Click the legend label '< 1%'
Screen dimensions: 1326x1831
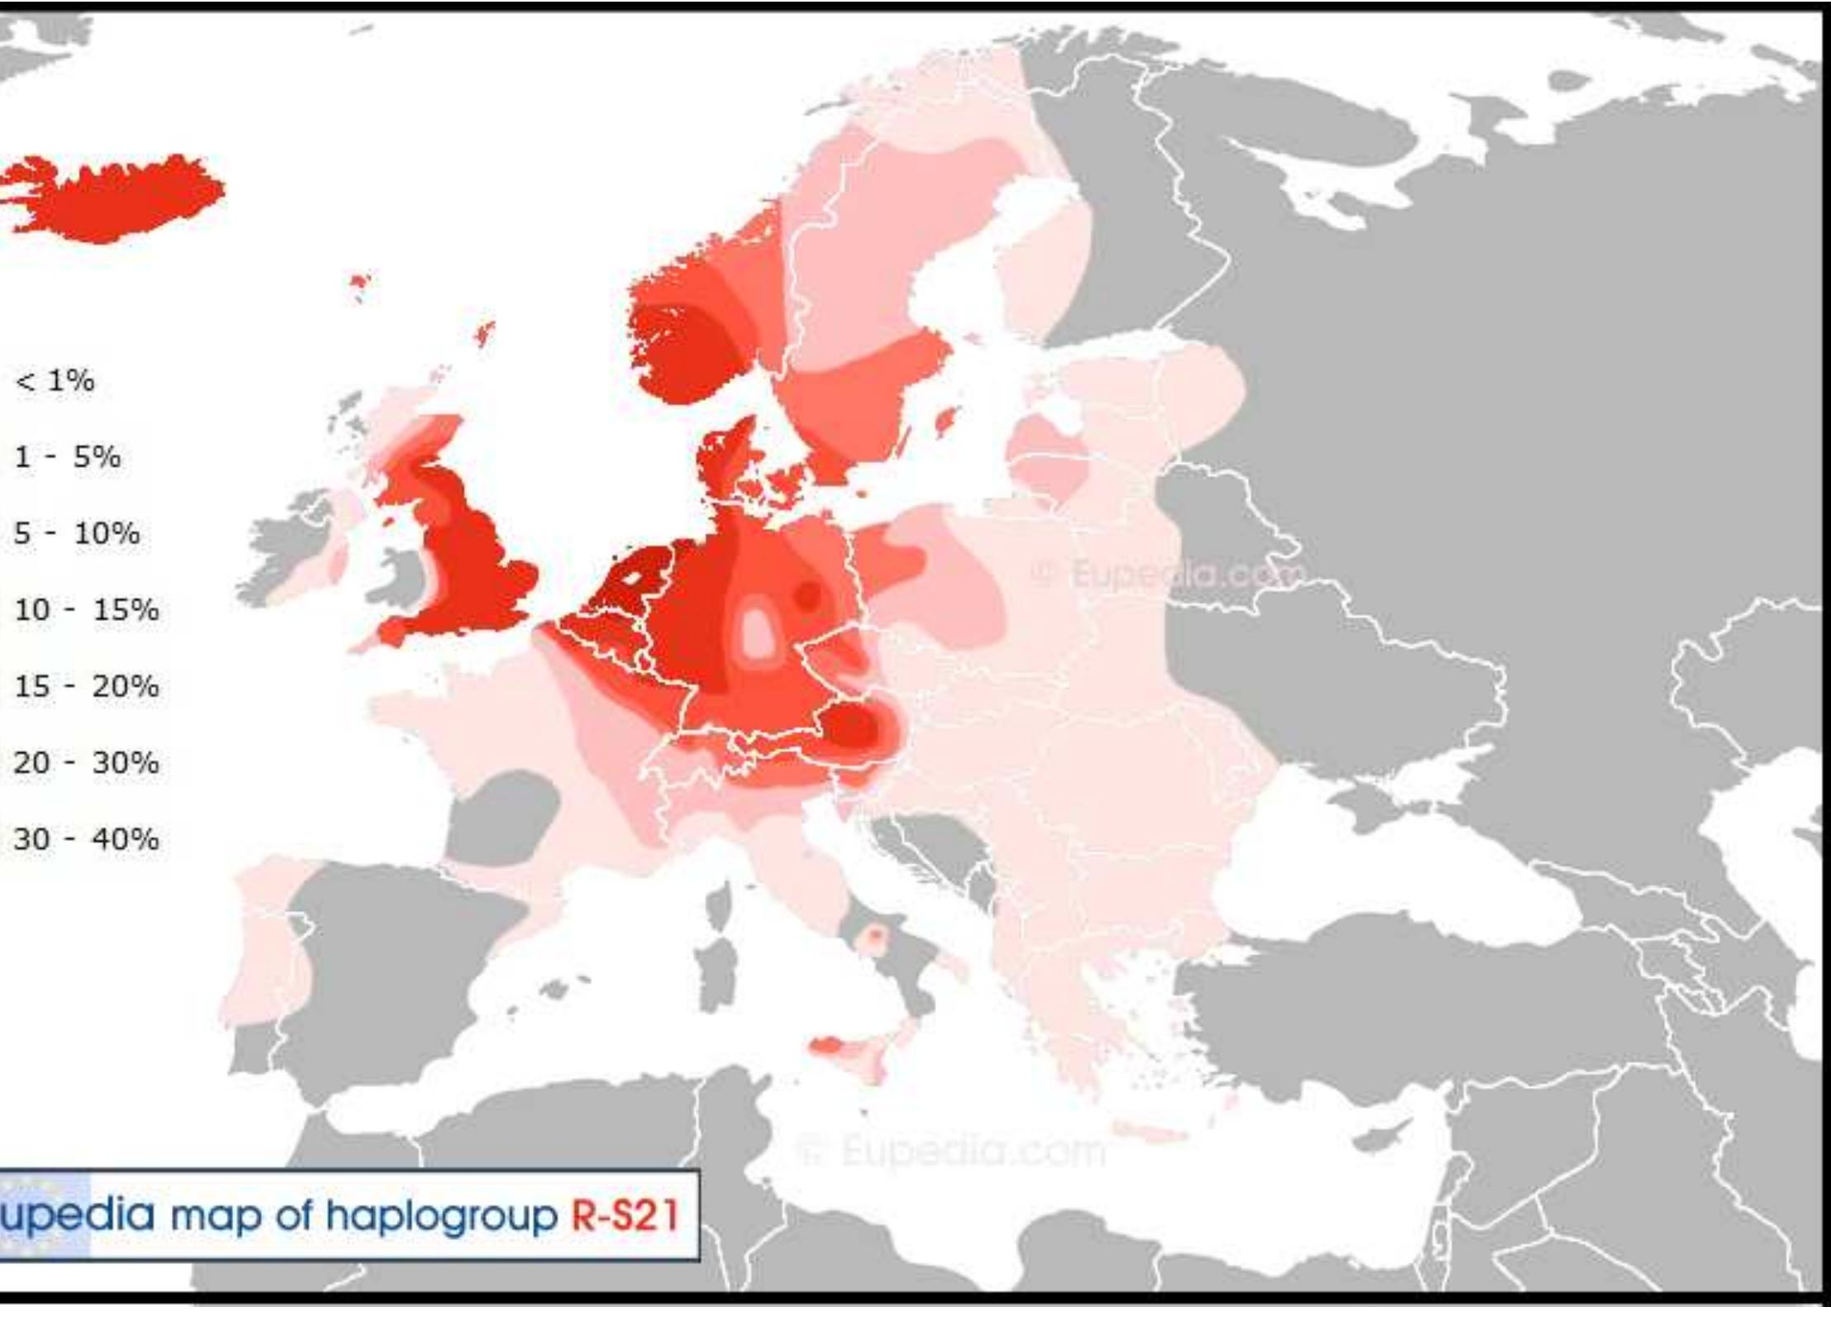[55, 381]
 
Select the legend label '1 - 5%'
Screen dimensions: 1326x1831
[68, 457]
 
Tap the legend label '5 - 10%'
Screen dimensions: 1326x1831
[77, 534]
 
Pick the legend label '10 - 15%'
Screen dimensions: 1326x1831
[86, 610]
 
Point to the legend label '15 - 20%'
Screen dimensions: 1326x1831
[86, 686]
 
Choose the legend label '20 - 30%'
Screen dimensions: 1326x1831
[86, 762]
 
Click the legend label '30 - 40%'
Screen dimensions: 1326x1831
[86, 839]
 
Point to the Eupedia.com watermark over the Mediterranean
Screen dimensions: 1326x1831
[950, 1151]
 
